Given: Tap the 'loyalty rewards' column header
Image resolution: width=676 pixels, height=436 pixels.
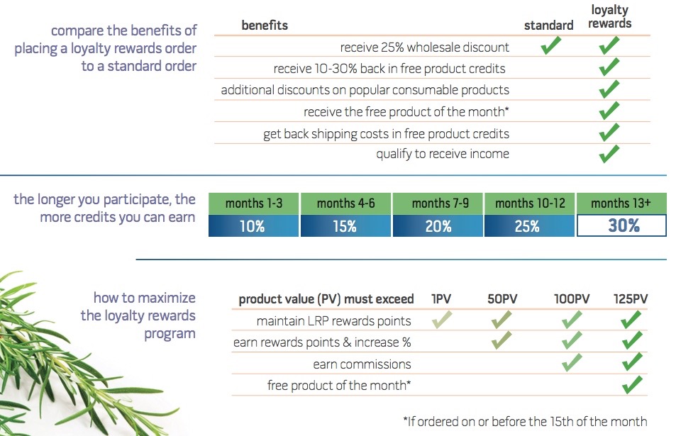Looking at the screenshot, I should (x=610, y=16).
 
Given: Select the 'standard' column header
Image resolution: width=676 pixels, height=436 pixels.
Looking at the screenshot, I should (x=548, y=26).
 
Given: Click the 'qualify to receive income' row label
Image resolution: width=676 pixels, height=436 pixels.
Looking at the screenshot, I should (x=443, y=153).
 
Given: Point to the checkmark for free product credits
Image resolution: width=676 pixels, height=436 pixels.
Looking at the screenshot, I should (x=609, y=69).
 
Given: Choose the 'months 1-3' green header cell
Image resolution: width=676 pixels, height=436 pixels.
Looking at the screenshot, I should (x=254, y=203).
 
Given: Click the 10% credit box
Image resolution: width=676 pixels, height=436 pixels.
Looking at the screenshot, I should (x=254, y=226).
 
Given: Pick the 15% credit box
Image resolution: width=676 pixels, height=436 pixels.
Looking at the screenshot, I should (x=345, y=226).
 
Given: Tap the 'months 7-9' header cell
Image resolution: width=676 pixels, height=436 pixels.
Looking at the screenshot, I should (x=438, y=203).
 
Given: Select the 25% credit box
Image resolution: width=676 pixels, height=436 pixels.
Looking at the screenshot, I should (x=529, y=226).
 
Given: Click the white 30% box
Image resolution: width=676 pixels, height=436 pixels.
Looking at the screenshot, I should (x=621, y=226).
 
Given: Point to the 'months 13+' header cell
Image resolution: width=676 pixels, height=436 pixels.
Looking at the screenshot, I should (x=621, y=203).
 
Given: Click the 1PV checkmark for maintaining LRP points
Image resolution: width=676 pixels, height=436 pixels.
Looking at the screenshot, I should (x=441, y=320).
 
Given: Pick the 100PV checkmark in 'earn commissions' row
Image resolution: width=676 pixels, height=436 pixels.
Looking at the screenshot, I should (x=571, y=364).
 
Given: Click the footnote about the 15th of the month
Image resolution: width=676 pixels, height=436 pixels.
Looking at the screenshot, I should (x=525, y=421).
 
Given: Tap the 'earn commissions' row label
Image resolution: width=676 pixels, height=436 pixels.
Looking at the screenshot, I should (x=362, y=364).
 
